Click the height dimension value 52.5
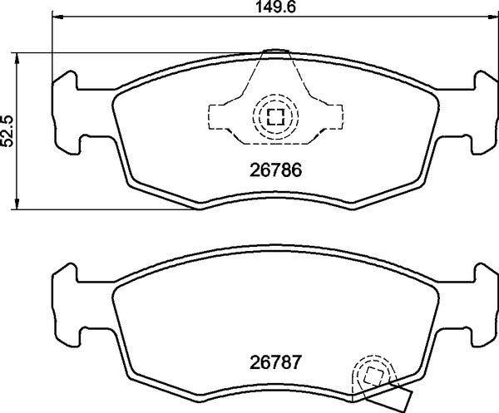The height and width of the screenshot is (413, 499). [x=9, y=130]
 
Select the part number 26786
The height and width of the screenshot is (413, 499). [x=275, y=171]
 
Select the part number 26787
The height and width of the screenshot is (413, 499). [x=275, y=363]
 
